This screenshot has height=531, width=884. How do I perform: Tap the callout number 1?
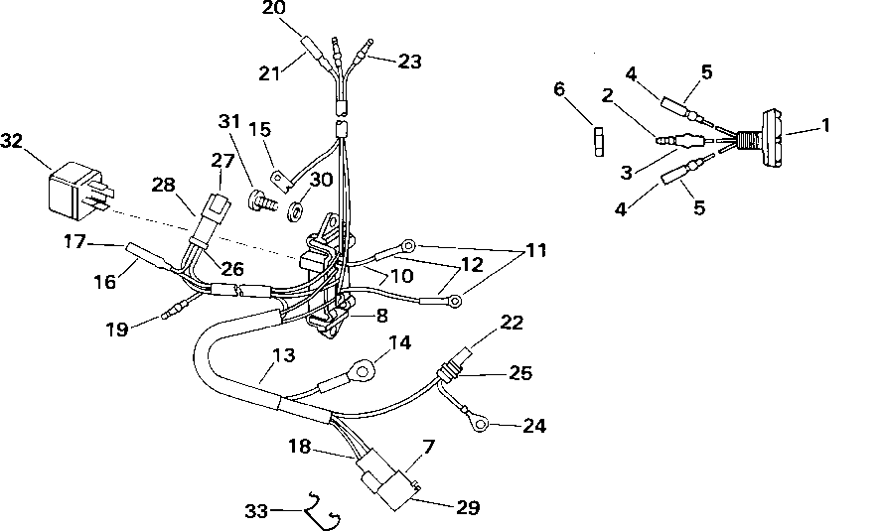(x=824, y=126)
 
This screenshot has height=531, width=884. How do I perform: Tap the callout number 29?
(x=468, y=508)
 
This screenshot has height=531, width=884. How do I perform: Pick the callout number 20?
(x=273, y=9)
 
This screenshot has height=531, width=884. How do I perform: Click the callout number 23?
(x=409, y=62)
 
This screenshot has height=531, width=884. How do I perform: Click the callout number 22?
(x=511, y=323)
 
